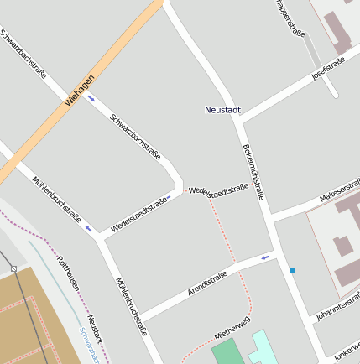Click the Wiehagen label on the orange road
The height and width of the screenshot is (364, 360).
(x=79, y=91)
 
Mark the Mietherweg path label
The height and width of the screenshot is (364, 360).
(x=232, y=327)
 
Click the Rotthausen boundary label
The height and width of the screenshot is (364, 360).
(x=68, y=272)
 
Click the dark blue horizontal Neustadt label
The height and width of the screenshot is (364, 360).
(x=223, y=110)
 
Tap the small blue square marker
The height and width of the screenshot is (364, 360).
(x=292, y=270)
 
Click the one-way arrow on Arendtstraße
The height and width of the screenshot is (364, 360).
(x=267, y=257)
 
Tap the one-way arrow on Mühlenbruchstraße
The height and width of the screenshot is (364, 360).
(x=88, y=227)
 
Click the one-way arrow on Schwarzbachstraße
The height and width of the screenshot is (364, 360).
(x=91, y=97)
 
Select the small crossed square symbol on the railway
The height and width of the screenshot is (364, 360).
(x=14, y=268)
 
